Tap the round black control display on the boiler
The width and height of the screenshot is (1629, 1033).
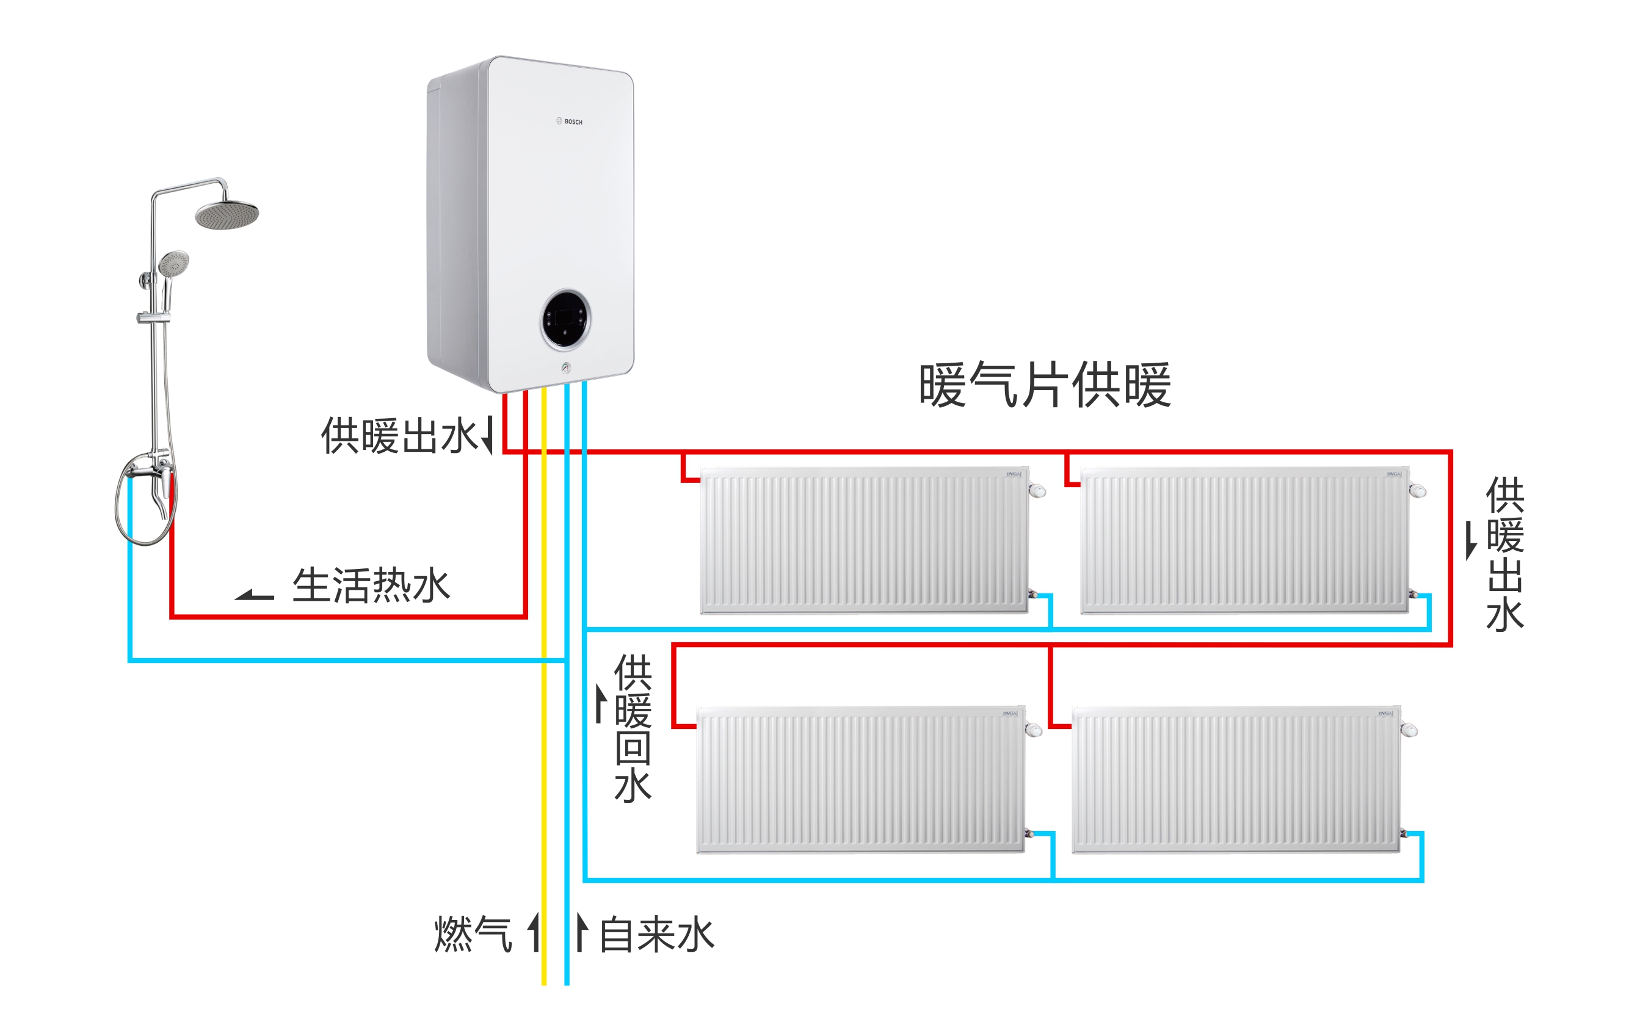click(565, 319)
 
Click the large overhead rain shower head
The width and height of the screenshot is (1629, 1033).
click(227, 214)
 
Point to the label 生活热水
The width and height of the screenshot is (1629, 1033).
click(371, 585)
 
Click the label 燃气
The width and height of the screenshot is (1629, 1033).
click(473, 934)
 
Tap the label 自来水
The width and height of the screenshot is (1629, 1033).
click(656, 934)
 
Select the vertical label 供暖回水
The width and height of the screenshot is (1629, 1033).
click(633, 728)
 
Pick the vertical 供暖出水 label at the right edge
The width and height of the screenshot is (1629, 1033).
click(1504, 553)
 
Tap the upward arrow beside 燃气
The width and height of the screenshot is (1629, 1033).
click(534, 932)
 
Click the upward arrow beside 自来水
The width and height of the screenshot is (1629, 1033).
click(581, 932)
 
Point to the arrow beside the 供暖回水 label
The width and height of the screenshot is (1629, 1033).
click(600, 703)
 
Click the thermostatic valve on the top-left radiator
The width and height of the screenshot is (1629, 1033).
click(1037, 490)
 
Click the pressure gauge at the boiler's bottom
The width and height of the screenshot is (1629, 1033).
click(565, 368)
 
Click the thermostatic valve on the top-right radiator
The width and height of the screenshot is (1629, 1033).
click(1418, 490)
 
